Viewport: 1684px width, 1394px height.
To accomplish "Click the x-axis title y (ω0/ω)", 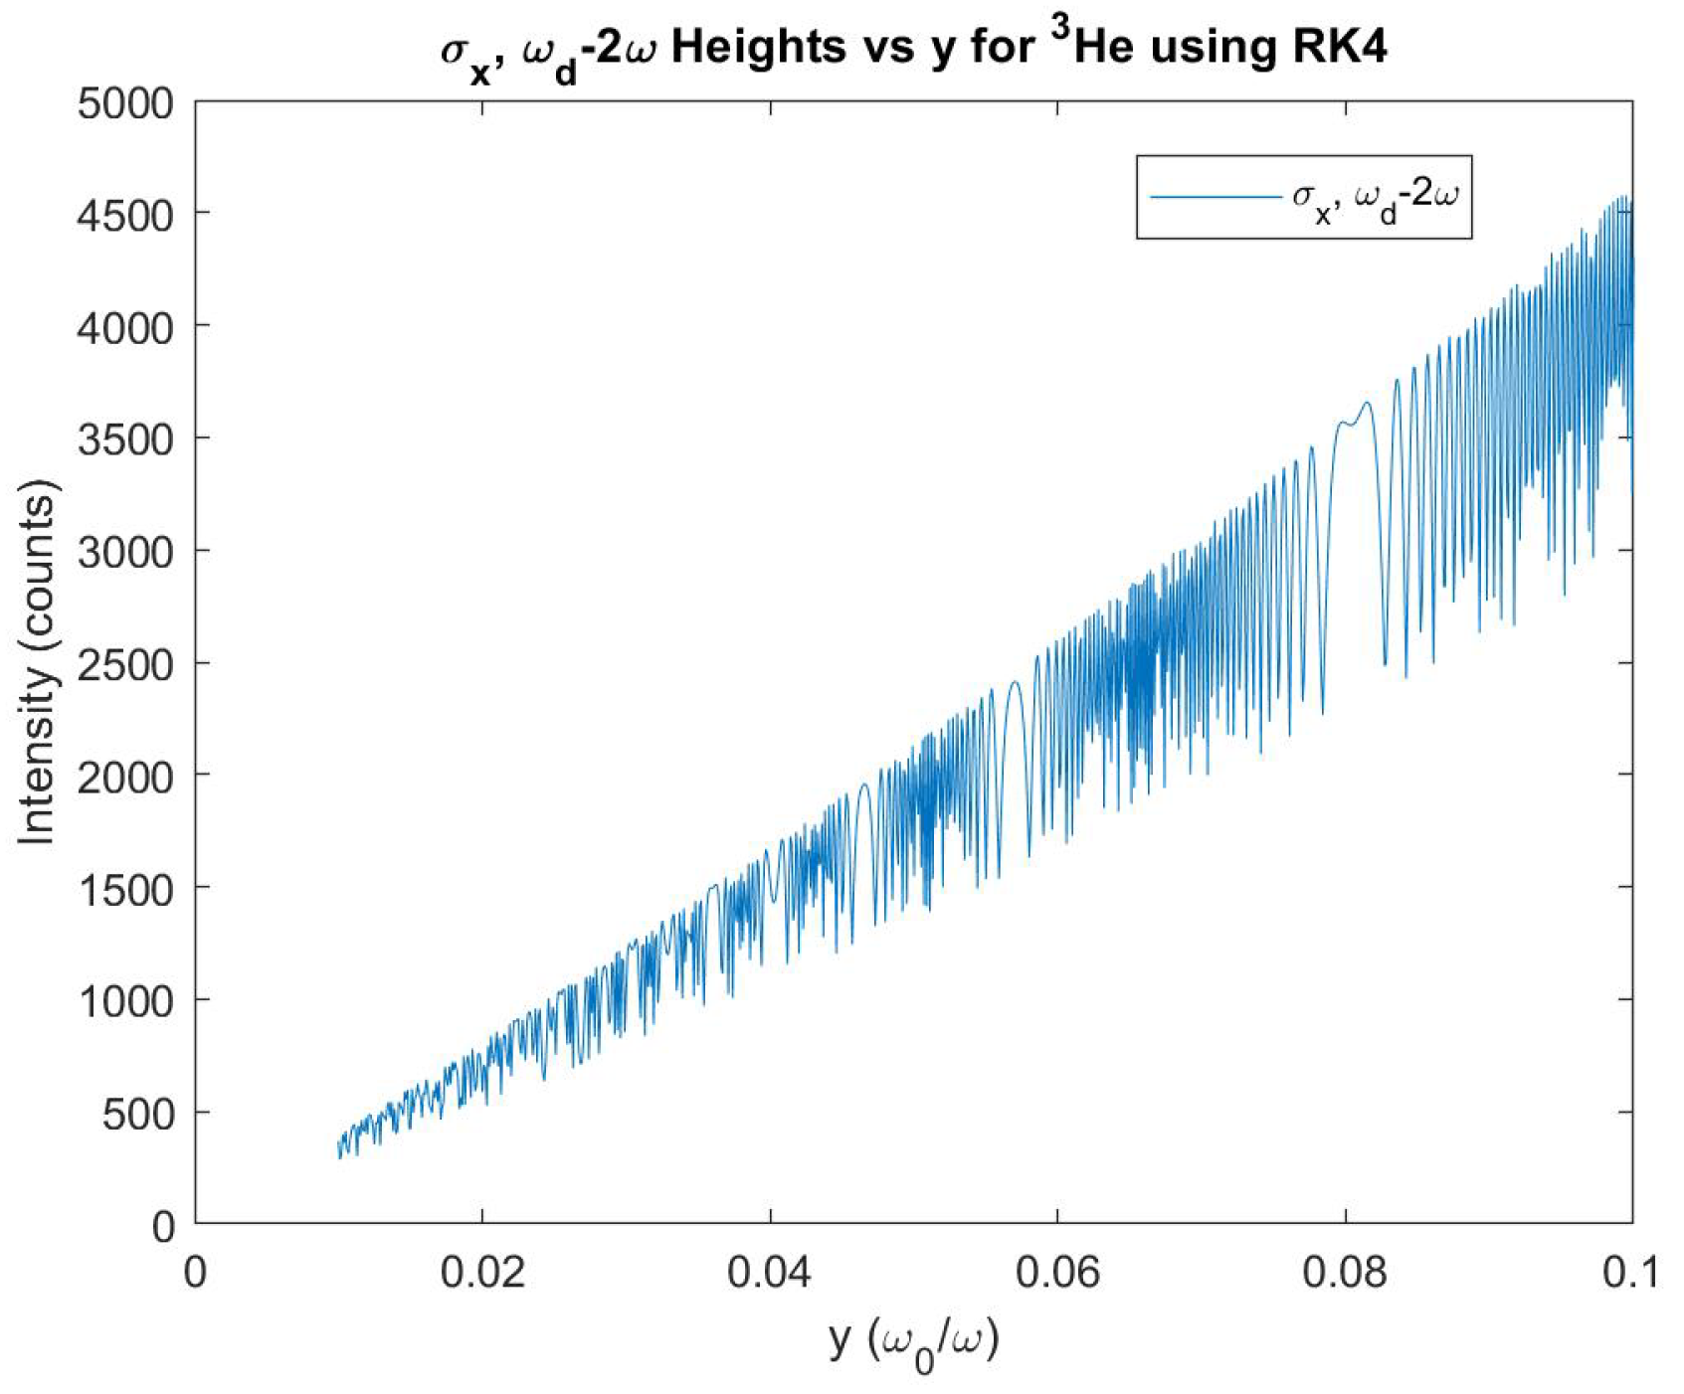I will pos(913,1340).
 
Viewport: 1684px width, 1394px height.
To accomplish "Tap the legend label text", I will pos(1375,197).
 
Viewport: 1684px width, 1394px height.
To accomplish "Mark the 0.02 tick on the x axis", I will pos(482,1272).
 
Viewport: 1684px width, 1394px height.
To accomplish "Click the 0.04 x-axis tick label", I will pos(770,1272).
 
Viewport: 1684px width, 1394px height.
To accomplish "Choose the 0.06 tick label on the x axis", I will pos(1057,1272).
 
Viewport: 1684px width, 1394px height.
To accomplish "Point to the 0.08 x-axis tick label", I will pos(1345,1272).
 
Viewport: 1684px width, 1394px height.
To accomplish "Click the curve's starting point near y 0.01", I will pos(340,1148).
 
